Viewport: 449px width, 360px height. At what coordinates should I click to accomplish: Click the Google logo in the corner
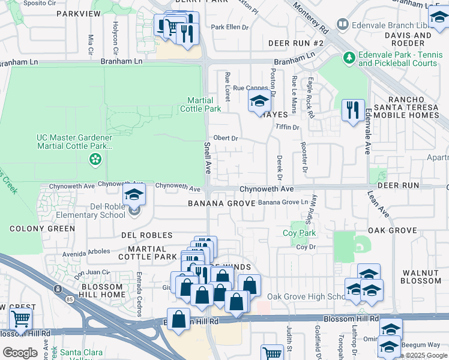pos(19,352)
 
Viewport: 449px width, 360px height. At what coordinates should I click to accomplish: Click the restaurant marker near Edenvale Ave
pos(352,110)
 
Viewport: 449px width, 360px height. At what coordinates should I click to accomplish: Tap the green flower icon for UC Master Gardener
pos(94,159)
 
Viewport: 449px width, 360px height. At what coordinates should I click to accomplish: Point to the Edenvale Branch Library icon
pos(342,25)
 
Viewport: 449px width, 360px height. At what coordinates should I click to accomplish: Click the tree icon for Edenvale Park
pos(349,58)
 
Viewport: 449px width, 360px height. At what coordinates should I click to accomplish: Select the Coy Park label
pos(299,233)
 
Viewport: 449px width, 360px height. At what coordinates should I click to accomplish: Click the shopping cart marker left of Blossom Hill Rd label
pos(21,320)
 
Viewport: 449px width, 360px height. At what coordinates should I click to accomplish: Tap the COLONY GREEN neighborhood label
pos(42,229)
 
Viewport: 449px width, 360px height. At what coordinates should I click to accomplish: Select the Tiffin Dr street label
pos(287,127)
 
